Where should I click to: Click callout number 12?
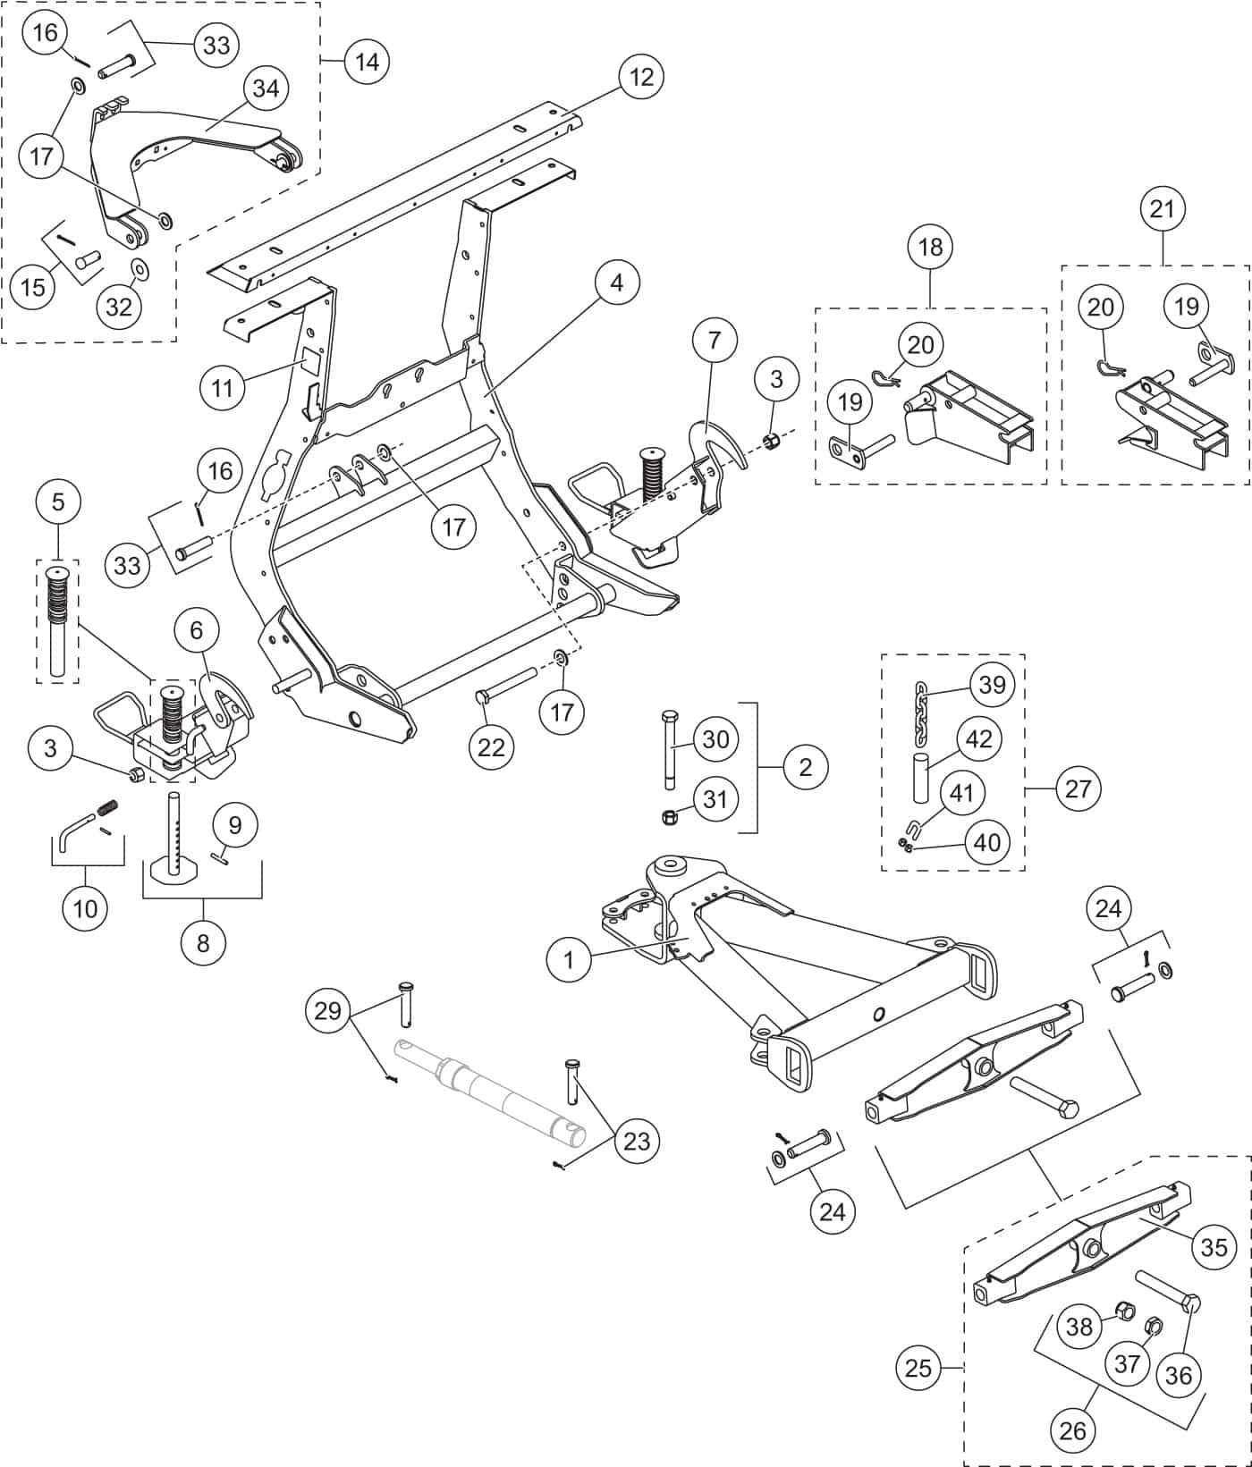(x=641, y=76)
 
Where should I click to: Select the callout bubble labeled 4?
(x=616, y=282)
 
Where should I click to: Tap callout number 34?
(x=266, y=89)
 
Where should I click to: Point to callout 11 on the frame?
(x=222, y=387)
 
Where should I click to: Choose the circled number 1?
(x=569, y=961)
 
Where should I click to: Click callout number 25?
(x=918, y=1368)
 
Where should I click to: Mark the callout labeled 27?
(x=1079, y=788)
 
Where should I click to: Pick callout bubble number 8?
(x=203, y=942)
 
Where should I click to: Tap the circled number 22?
(x=491, y=747)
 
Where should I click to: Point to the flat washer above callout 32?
(x=140, y=268)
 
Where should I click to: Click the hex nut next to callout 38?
(x=1126, y=1312)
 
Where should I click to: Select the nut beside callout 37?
(x=1153, y=1323)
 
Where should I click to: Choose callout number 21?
(x=1162, y=209)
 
